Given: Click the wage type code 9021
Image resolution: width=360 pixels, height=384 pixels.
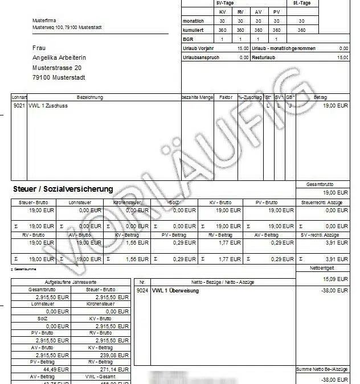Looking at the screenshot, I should click(19, 106).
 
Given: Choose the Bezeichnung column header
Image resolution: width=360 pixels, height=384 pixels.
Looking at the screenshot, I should click(89, 98).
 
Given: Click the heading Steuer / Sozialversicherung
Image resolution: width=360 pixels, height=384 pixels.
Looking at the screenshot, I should click(63, 189).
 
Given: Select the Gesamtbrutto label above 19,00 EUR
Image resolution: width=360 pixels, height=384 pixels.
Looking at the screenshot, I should click(322, 185).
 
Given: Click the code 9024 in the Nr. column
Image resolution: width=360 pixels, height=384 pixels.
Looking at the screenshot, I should click(142, 290).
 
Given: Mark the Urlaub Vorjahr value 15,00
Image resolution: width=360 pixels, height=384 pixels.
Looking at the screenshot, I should click(242, 49).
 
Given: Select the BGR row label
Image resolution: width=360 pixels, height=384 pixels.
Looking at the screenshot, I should click(188, 39).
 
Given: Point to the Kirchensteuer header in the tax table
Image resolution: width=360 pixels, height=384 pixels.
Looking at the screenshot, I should click(128, 202).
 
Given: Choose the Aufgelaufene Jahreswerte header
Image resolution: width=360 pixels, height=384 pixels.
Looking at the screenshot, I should click(71, 282).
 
